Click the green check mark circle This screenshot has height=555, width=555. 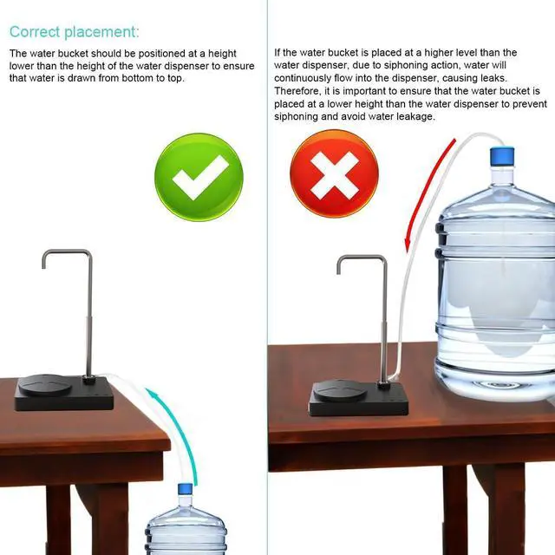(x=199, y=177)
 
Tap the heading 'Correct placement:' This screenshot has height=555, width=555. (x=74, y=32)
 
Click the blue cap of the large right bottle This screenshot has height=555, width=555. (x=501, y=157)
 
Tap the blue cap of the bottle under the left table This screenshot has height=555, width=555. (x=186, y=490)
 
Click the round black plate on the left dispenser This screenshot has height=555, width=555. (x=49, y=383)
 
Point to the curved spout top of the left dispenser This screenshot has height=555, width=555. (x=66, y=253)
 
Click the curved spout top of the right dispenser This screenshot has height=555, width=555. (x=362, y=258)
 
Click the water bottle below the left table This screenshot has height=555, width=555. (x=186, y=527)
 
